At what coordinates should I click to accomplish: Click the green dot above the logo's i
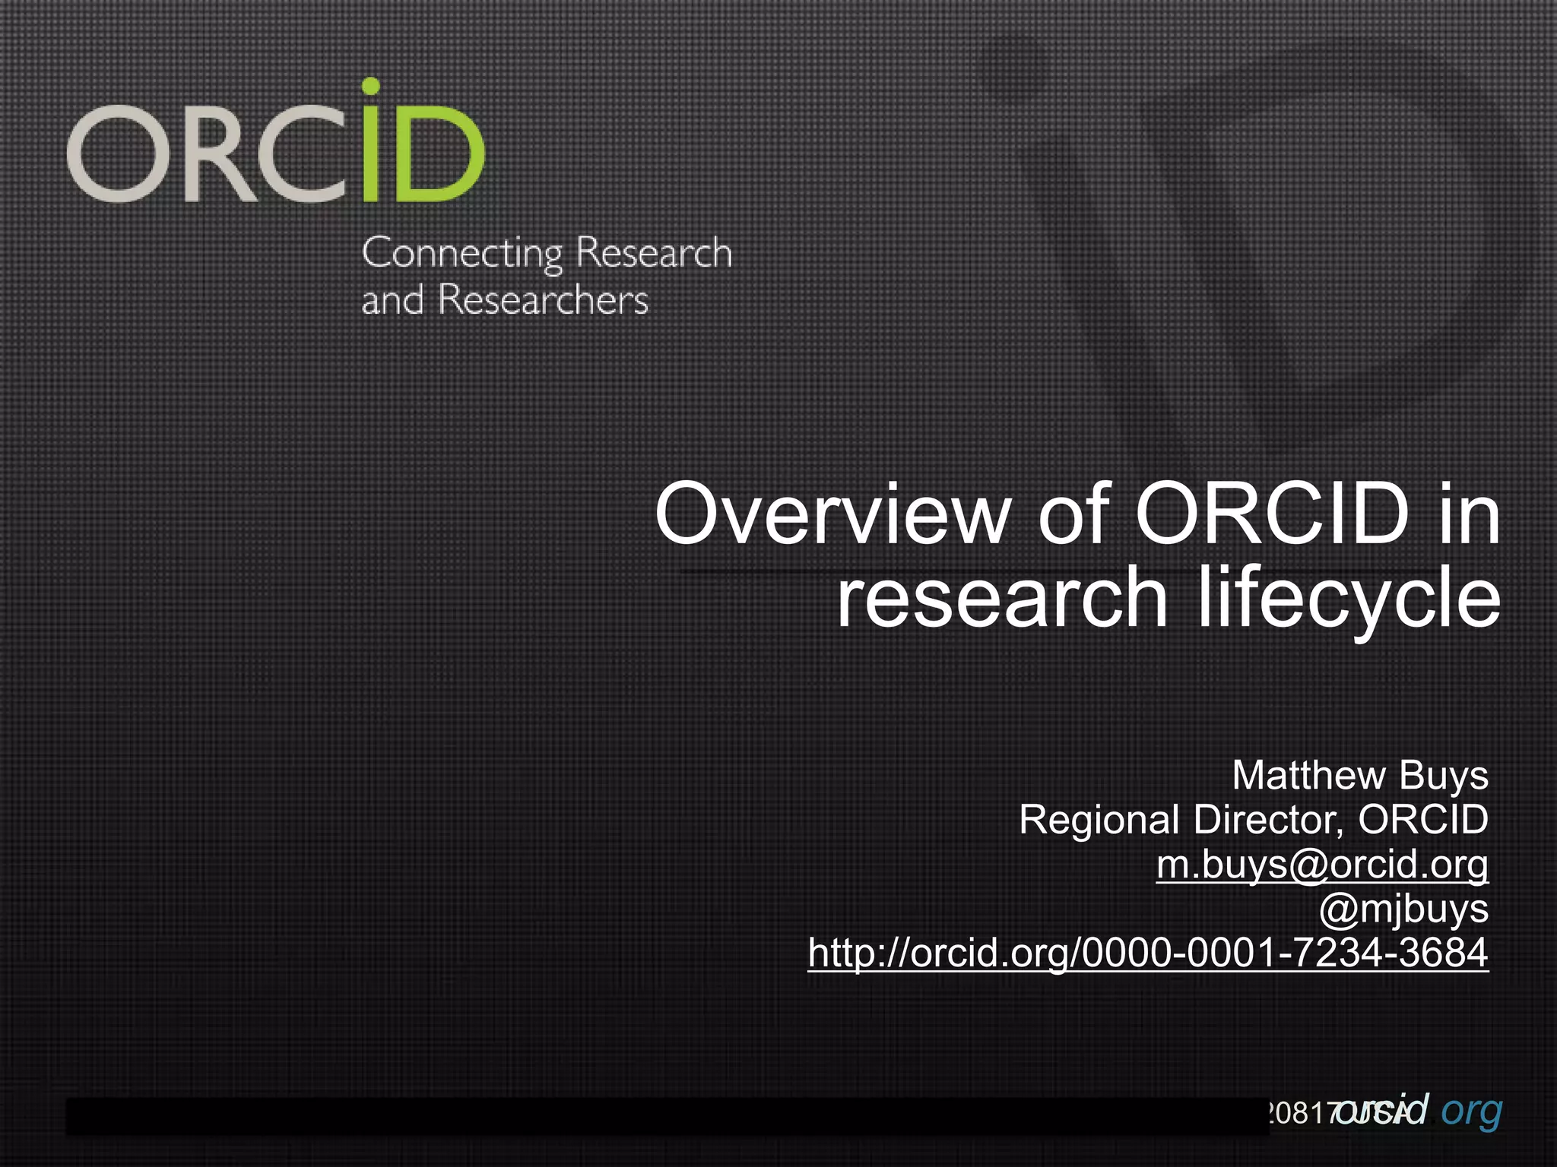(x=370, y=86)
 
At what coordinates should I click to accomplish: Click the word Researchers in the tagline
(x=544, y=300)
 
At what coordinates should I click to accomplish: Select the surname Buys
(x=1444, y=776)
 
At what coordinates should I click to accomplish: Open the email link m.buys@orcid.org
(x=1322, y=865)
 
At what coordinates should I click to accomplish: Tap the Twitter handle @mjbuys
(x=1403, y=909)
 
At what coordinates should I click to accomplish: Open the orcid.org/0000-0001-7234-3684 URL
(x=1148, y=953)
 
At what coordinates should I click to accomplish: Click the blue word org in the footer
(x=1472, y=1111)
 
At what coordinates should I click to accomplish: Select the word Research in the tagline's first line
(x=654, y=253)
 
